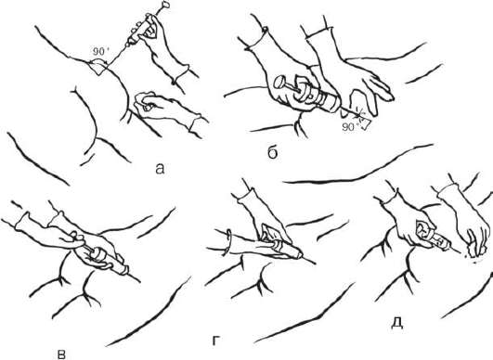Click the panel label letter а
160,169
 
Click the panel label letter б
273,152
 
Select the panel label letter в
62,354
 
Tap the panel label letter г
215,341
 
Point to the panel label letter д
397,323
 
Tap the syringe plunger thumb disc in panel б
279,83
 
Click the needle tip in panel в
140,281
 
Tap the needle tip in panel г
315,264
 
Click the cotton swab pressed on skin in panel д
474,251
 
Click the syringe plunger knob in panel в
98,253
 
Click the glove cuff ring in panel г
228,242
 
